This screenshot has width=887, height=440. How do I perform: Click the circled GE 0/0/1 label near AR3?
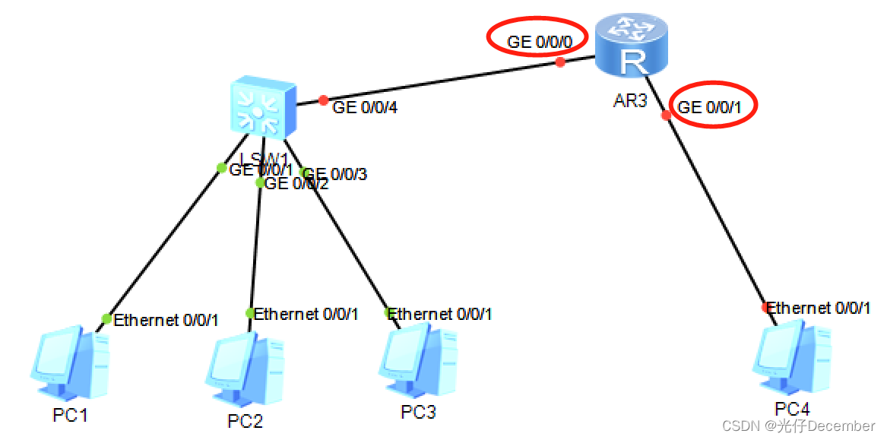pos(710,108)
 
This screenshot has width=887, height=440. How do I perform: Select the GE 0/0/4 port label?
pos(366,108)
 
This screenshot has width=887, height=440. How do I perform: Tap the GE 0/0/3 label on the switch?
pos(336,175)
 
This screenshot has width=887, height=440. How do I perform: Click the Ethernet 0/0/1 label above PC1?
pos(166,321)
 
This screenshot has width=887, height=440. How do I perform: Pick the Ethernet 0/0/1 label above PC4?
pos(819,309)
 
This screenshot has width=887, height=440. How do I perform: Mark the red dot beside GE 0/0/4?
pos(324,100)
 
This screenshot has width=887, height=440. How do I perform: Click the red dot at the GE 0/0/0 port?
pos(561,62)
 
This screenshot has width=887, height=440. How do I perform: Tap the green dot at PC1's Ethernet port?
pos(106,318)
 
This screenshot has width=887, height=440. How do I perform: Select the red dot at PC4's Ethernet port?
pos(766,308)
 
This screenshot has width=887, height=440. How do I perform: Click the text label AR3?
pos(630,100)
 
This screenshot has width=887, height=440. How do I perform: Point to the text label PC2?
pos(245,421)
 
